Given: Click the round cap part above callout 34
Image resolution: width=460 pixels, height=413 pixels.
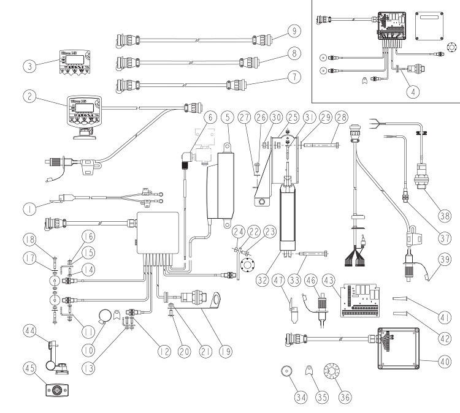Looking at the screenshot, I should (285, 371).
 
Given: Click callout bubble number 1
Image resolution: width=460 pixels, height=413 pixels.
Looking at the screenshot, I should (28, 208).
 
